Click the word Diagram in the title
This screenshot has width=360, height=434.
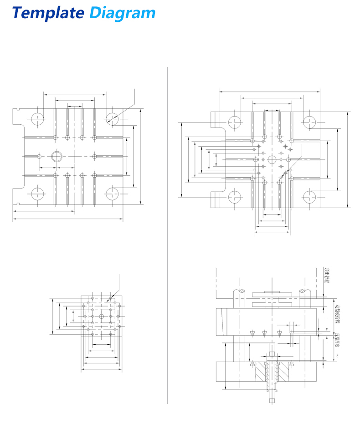[122, 13]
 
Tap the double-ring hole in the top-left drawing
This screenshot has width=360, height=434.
[57, 156]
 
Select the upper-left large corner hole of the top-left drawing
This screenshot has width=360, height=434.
[37, 118]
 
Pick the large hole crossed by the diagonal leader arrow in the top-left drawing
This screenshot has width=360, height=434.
[112, 118]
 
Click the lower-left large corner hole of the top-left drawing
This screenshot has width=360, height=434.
[37, 194]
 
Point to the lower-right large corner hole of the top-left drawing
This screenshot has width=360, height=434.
[112, 194]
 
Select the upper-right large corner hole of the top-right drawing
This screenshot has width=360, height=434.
[309, 122]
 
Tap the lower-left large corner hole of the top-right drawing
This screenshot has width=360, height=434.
[235, 197]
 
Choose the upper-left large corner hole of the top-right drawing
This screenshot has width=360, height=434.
[235, 122]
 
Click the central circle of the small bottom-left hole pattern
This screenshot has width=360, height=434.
[101, 316]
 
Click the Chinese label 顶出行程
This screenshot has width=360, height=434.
[325, 276]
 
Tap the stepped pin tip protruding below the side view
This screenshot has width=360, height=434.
[272, 399]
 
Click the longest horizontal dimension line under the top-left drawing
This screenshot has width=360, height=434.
[68, 219]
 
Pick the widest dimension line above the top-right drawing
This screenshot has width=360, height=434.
[269, 91]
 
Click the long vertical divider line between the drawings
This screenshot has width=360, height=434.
[168, 237]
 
